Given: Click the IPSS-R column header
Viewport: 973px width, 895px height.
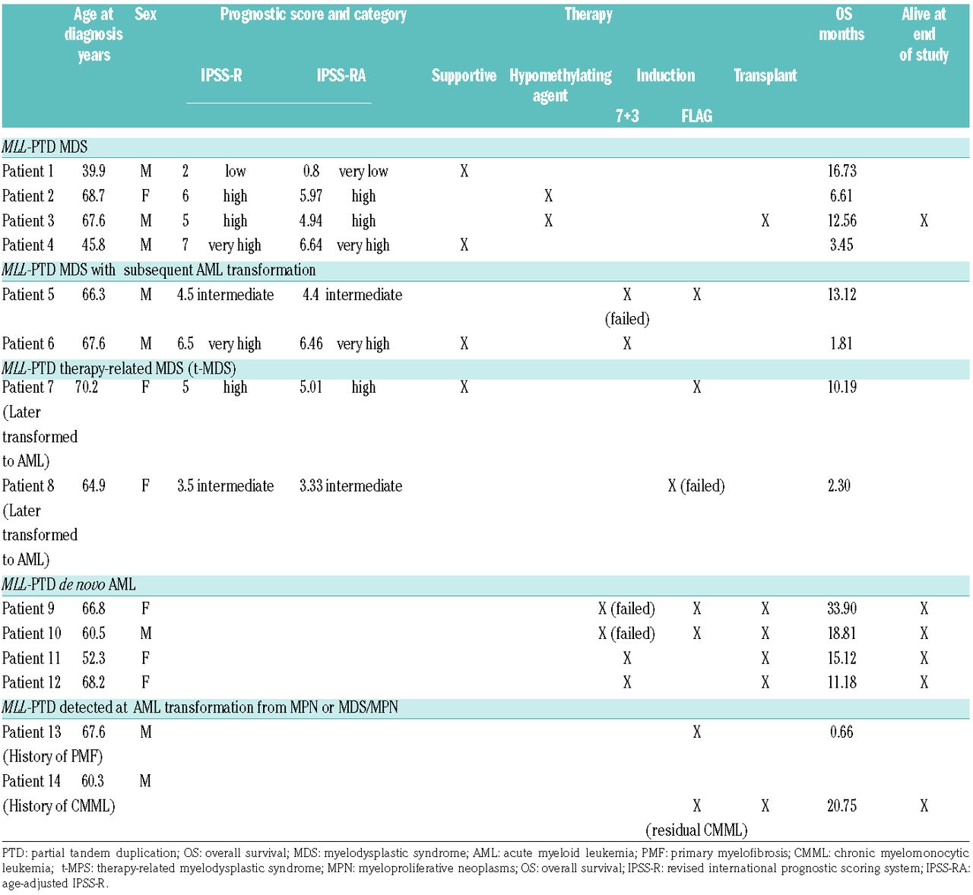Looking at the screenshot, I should [221, 75].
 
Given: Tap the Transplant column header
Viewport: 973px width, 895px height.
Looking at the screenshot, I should [765, 75].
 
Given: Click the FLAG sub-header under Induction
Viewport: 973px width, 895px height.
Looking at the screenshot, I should [696, 115].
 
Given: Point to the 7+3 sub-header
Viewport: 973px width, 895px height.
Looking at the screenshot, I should [627, 115].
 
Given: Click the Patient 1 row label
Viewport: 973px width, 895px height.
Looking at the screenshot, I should [28, 171].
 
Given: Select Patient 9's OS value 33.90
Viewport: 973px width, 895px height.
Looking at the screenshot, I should [841, 609].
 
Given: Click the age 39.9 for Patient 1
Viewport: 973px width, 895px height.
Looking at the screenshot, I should [93, 171].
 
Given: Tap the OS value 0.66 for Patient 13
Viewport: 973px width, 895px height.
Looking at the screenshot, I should [841, 732].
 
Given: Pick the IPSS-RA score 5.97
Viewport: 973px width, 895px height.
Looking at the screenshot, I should [311, 196].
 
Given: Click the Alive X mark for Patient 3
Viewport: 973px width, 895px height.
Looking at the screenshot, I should [924, 220].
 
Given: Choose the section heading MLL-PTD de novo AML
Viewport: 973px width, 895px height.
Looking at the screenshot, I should [69, 584].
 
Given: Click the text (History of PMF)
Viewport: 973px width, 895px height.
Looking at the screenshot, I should [52, 756].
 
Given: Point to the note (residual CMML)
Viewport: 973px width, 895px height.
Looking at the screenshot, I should [696, 830].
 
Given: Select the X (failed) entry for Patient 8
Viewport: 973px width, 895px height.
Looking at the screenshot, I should [696, 485].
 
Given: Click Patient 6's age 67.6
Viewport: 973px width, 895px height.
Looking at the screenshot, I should [93, 343].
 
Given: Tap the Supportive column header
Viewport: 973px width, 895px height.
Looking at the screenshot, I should [464, 75].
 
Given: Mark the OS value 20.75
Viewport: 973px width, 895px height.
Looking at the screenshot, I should [841, 805].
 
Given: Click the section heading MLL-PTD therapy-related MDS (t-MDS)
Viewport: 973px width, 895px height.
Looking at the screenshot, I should [119, 368].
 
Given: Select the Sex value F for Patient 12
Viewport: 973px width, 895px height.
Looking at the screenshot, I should [145, 682].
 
